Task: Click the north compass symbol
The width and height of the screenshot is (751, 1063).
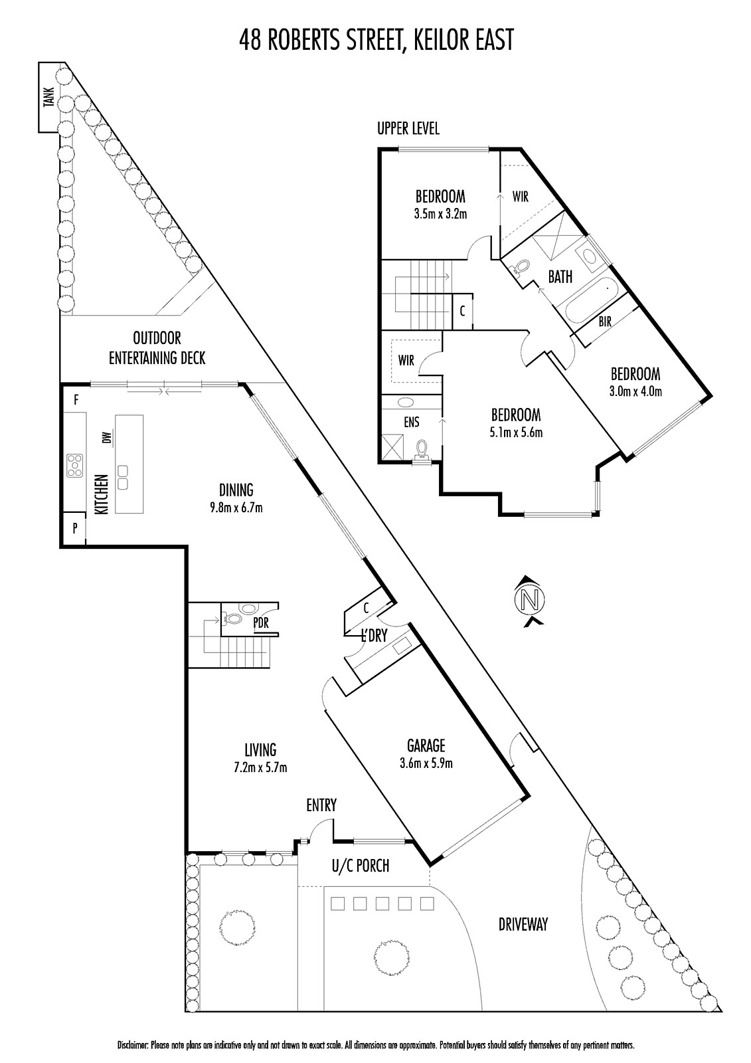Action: click(x=529, y=601)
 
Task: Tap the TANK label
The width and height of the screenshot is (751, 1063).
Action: click(x=49, y=96)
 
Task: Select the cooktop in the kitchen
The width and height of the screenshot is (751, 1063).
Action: click(x=76, y=465)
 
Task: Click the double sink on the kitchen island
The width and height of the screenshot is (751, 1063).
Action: click(x=122, y=478)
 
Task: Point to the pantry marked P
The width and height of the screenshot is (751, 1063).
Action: click(x=74, y=528)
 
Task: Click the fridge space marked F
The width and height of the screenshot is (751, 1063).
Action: click(x=76, y=401)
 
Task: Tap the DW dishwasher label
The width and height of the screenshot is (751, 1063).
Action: click(x=107, y=436)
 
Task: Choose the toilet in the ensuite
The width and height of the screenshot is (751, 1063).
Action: click(x=422, y=450)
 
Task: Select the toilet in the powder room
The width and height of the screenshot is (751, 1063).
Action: click(x=232, y=619)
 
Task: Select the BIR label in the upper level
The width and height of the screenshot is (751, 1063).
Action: click(x=605, y=322)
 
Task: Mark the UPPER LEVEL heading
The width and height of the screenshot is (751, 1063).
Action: click(x=408, y=128)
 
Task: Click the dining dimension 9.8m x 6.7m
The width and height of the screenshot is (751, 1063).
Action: click(x=236, y=508)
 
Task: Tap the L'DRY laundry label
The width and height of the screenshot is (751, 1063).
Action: click(x=375, y=636)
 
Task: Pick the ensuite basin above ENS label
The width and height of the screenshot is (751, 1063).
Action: click(x=404, y=403)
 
